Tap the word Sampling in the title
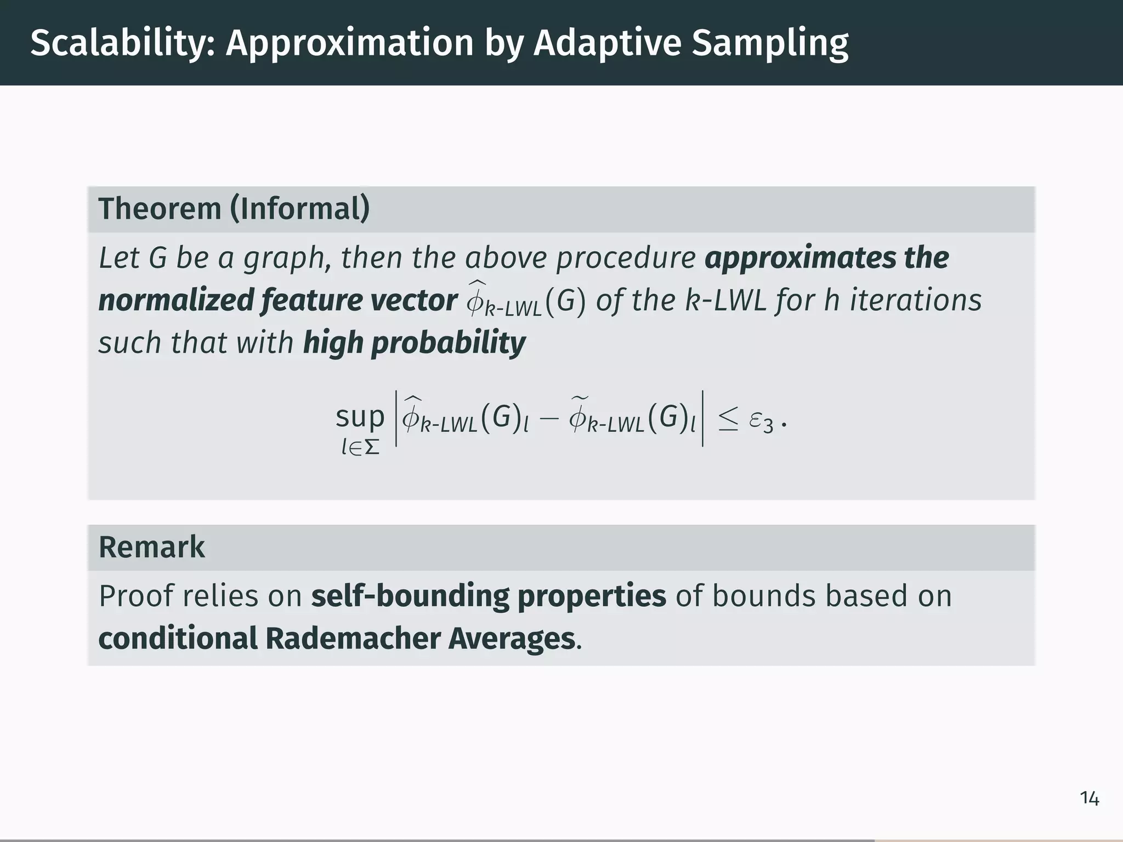point(770,43)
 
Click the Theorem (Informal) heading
point(234,209)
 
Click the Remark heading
point(151,547)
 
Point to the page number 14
point(1089,799)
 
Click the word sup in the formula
point(360,417)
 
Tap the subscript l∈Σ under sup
point(360,448)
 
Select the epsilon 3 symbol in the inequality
point(761,421)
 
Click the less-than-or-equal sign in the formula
point(728,419)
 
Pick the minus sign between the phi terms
point(548,419)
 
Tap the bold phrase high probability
point(414,343)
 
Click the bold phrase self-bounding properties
point(488,596)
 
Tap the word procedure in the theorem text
point(626,257)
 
